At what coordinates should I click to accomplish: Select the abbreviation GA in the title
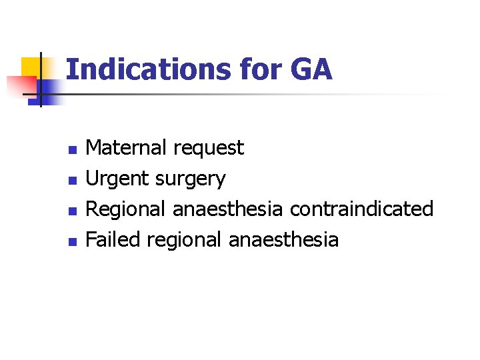[310, 70]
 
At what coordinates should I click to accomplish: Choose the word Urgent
[118, 179]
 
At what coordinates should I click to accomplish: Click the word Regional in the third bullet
[127, 209]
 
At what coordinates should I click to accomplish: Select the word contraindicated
[361, 209]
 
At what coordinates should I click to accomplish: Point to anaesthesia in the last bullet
[283, 239]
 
